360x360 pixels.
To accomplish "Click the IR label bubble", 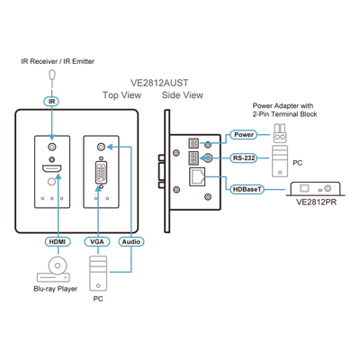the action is pyautogui.click(x=52, y=102).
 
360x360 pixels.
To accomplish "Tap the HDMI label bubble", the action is pyautogui.click(x=58, y=241).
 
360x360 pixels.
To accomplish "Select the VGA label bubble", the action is pyautogui.click(x=97, y=241).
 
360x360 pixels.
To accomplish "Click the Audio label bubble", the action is pyautogui.click(x=131, y=241).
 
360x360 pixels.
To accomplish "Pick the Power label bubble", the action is pyautogui.click(x=244, y=135).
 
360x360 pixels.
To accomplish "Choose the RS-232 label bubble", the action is pyautogui.click(x=244, y=157).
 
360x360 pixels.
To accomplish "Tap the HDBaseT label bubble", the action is pyautogui.click(x=247, y=189).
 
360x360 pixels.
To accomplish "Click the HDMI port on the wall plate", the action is pyautogui.click(x=51, y=168).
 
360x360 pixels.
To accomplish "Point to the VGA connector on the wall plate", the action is pyautogui.click(x=101, y=173).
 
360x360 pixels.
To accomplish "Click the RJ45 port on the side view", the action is pyautogui.click(x=197, y=177).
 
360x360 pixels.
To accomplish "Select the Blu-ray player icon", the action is pyautogui.click(x=54, y=269).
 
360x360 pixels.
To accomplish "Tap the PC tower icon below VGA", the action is pyautogui.click(x=98, y=274).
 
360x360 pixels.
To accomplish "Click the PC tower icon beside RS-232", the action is pyautogui.click(x=280, y=161).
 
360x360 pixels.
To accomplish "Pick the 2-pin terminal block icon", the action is pyautogui.click(x=280, y=134).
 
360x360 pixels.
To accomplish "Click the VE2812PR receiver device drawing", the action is pyautogui.click(x=316, y=189).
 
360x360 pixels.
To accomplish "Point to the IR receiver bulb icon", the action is pyautogui.click(x=52, y=75).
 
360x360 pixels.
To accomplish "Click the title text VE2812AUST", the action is pyautogui.click(x=159, y=83).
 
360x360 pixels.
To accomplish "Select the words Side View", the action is pyautogui.click(x=183, y=95).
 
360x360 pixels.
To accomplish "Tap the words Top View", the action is pyautogui.click(x=121, y=95).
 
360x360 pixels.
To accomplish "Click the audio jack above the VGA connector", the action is pyautogui.click(x=102, y=147).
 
